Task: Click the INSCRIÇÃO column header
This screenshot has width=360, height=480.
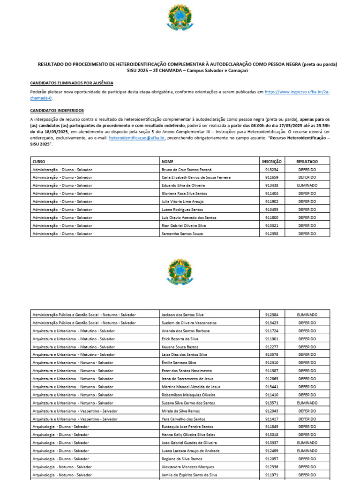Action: [272, 161]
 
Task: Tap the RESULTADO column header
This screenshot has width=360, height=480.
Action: [307, 161]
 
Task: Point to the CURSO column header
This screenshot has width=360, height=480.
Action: [39, 161]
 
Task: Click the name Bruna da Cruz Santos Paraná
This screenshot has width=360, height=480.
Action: [186, 169]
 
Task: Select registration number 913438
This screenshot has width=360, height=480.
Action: [272, 185]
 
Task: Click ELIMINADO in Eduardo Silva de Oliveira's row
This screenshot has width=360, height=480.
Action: [307, 185]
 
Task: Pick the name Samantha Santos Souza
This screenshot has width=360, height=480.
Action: [182, 233]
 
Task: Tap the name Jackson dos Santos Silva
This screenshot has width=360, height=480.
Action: [183, 315]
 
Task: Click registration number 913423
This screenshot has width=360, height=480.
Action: [272, 322]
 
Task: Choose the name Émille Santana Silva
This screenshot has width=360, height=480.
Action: [179, 362]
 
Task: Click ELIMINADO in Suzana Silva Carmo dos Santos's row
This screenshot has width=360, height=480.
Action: [307, 403]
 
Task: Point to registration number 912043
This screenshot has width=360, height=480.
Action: [272, 411]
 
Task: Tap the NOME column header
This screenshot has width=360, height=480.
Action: [167, 161]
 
